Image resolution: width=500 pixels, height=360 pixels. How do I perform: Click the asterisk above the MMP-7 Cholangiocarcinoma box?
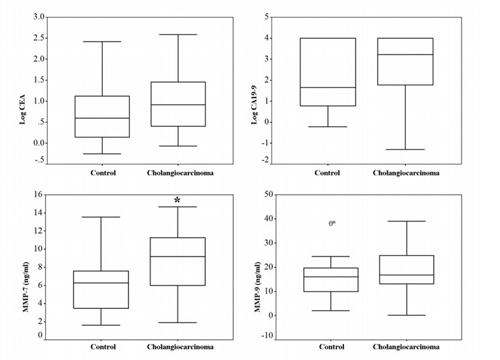click(177, 200)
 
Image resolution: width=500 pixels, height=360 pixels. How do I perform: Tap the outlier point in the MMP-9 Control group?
click(332, 223)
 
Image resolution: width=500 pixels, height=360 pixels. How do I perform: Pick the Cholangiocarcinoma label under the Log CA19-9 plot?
click(406, 173)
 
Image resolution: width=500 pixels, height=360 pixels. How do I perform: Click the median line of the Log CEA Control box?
click(102, 118)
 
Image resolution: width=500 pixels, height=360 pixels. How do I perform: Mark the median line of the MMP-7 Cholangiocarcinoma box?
click(177, 257)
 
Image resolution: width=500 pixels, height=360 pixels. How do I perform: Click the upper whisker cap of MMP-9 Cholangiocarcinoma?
click(406, 221)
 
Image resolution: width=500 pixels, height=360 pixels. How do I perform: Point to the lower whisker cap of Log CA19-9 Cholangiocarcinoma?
click(406, 149)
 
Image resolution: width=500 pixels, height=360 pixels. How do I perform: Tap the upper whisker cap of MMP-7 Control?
click(101, 217)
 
